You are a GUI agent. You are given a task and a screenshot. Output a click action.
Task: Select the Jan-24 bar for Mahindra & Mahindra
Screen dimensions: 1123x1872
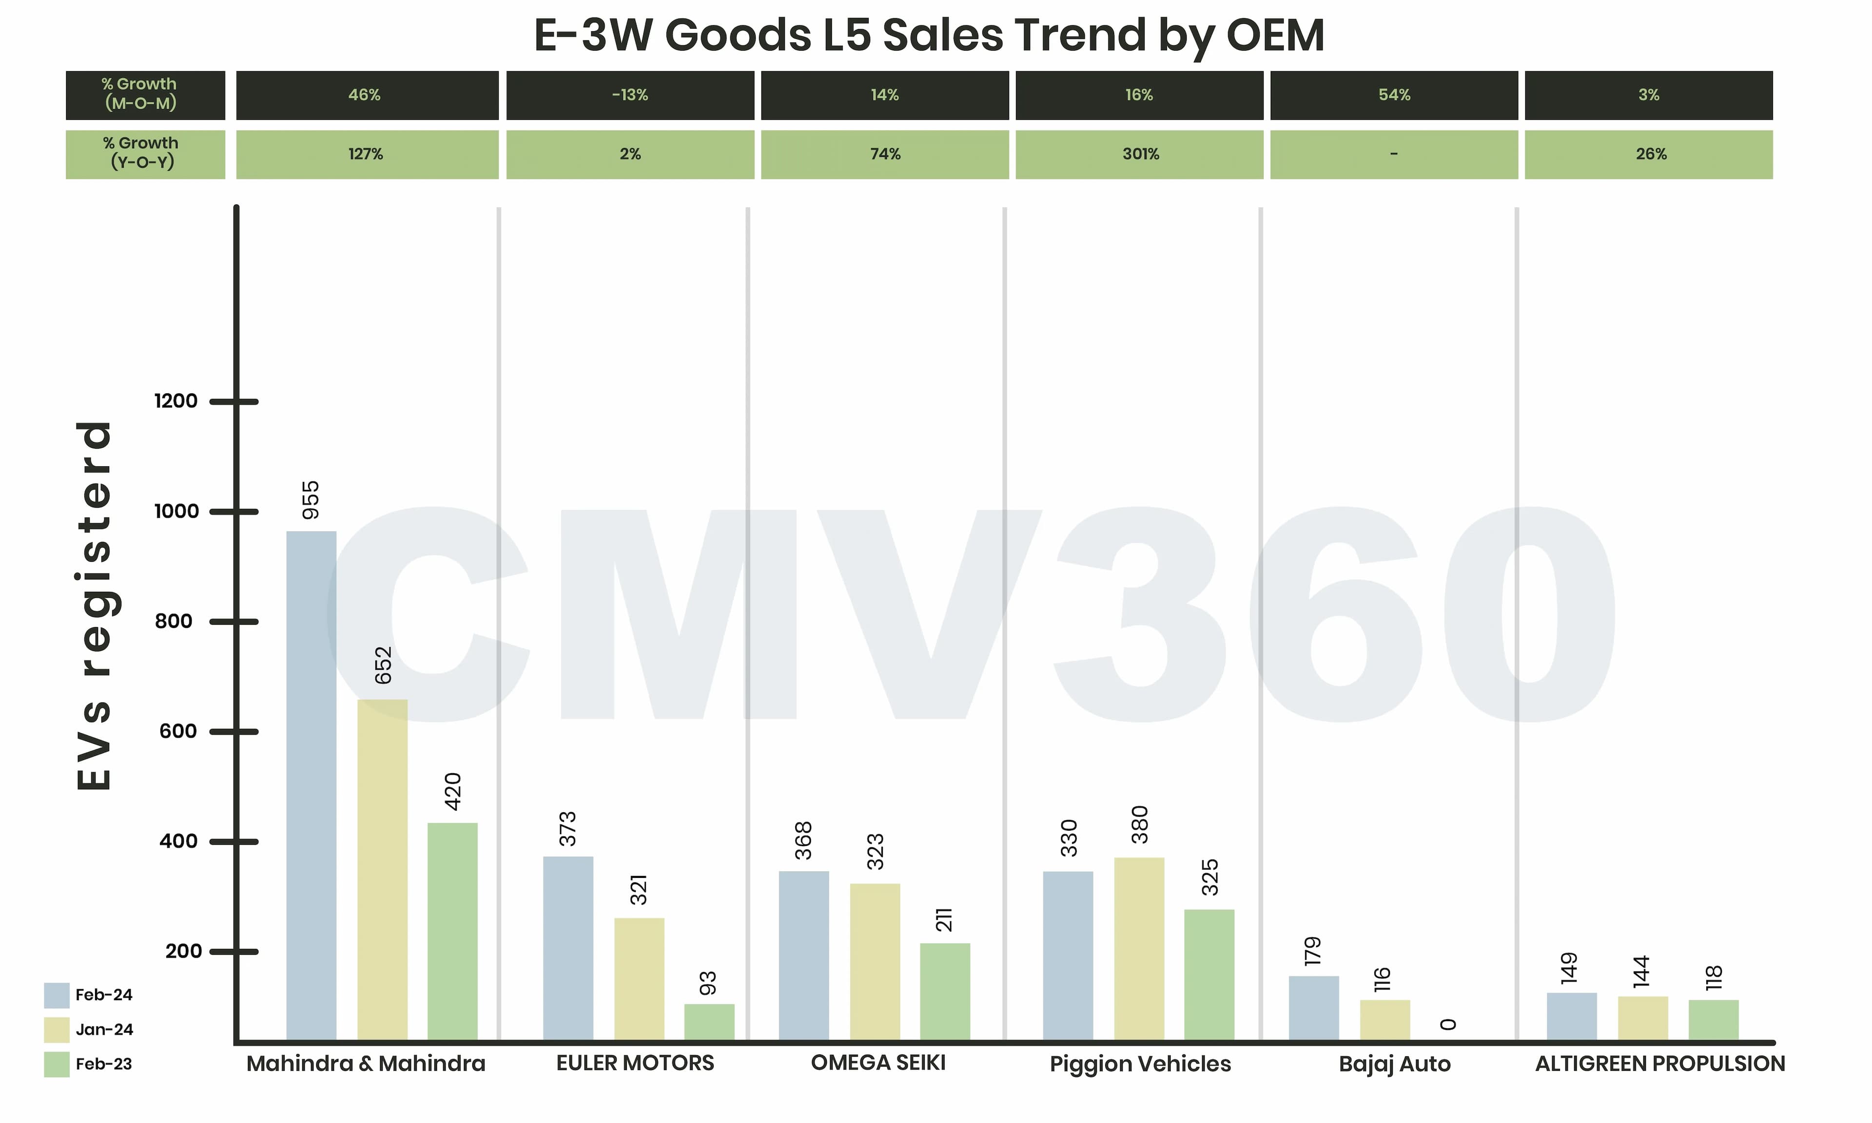tap(382, 870)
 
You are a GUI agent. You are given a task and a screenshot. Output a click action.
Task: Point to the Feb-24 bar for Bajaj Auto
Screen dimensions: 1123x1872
tap(1313, 1008)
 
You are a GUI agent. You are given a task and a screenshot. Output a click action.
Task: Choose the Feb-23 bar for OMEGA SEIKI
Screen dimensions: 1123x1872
tap(945, 991)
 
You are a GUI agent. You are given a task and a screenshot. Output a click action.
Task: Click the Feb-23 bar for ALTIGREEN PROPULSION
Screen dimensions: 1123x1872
tap(1713, 1020)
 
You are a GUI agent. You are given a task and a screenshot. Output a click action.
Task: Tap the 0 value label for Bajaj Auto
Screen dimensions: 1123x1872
tap(1448, 1025)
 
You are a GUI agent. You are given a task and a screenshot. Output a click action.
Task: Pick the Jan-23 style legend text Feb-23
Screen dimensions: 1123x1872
tap(104, 1064)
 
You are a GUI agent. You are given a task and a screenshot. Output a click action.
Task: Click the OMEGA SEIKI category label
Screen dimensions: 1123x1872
tap(878, 1063)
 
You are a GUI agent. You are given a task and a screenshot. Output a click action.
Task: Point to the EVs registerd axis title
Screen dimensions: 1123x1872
tap(95, 606)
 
